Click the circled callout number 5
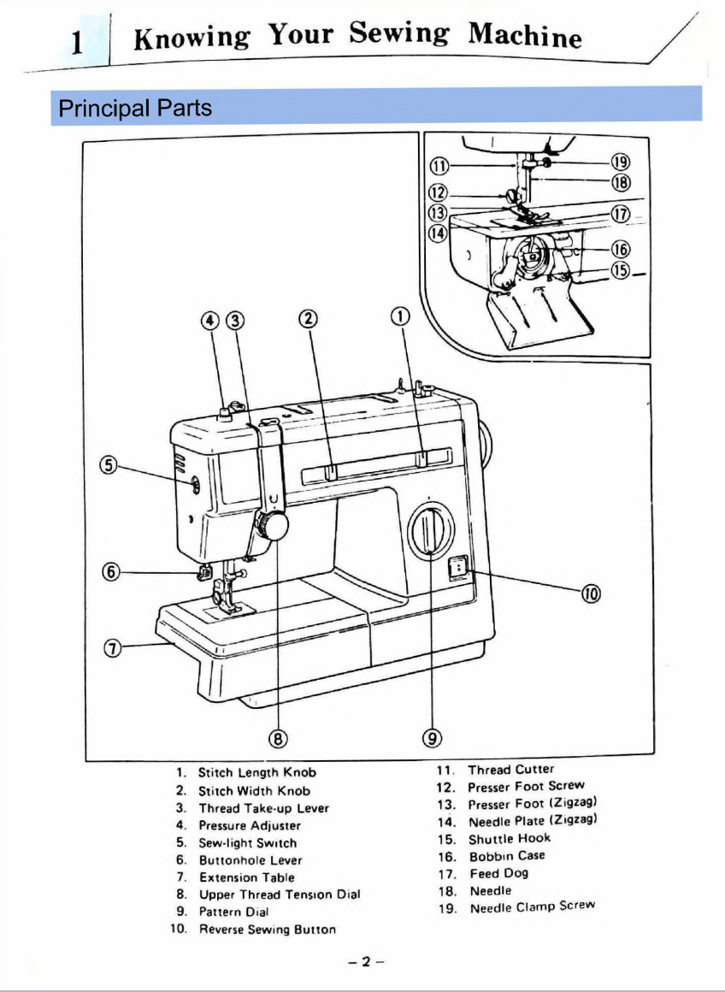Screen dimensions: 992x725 point(109,465)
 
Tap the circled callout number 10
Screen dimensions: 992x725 point(591,593)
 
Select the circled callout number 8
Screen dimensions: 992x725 point(278,737)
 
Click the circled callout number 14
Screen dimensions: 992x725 point(438,232)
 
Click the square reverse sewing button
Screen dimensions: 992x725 point(459,567)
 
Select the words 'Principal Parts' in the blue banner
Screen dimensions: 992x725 point(134,109)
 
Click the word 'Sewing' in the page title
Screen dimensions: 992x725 point(399,35)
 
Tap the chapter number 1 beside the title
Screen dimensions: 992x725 point(78,42)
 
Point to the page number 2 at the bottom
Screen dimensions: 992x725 point(365,961)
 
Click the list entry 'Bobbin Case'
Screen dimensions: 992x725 point(507,856)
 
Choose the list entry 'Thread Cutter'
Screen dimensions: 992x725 point(510,770)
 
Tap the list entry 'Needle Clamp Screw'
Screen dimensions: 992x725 point(532,907)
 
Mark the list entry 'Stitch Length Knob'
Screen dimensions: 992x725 point(256,772)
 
